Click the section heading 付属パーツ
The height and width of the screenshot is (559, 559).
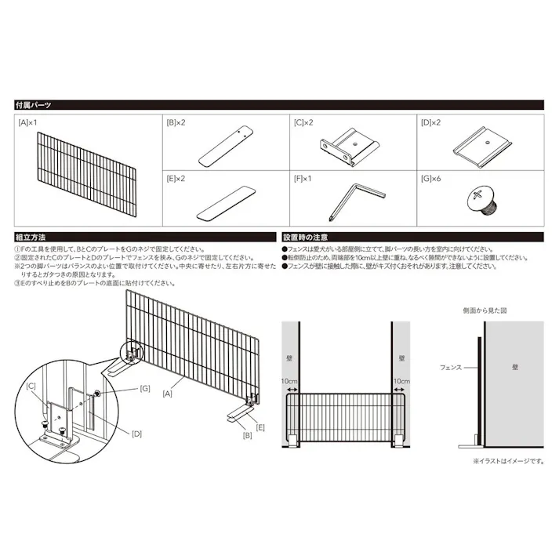pos(34,104)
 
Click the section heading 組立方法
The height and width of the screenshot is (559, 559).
pos(30,236)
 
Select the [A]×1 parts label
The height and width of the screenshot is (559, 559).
pos(27,123)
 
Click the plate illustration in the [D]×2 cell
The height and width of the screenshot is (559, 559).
pos(481,147)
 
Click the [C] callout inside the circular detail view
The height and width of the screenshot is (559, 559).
pos(31,387)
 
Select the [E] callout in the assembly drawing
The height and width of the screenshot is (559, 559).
pos(260,427)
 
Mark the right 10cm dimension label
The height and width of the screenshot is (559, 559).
pos(401,380)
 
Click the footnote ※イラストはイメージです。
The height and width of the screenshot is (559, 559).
pos(508,462)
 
